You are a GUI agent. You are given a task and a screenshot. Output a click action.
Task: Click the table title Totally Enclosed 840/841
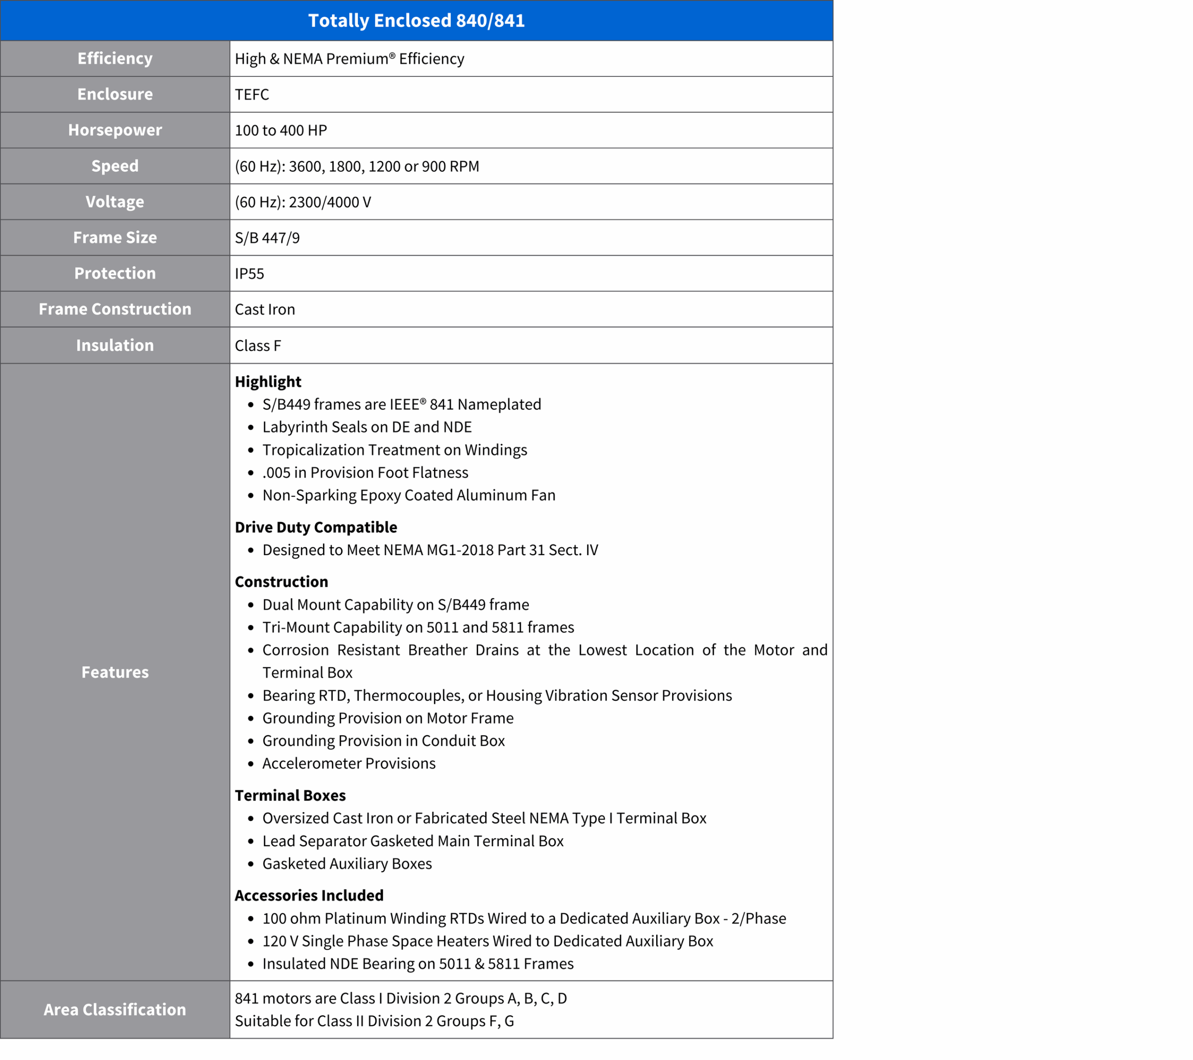[416, 20]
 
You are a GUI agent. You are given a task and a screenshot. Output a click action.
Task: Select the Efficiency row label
[115, 58]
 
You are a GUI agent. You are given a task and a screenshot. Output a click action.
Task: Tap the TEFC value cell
[252, 95]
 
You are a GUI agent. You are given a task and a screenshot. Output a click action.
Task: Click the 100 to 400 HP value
[281, 130]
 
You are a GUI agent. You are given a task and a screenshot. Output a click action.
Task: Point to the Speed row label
[115, 166]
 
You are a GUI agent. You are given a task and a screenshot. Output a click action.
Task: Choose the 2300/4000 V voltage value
[303, 202]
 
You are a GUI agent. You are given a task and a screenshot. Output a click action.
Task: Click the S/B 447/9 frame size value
[267, 238]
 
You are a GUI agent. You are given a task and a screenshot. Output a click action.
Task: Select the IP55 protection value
[249, 273]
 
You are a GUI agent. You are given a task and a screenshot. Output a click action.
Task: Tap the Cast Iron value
[265, 309]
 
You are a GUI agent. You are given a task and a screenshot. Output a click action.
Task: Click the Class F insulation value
[258, 346]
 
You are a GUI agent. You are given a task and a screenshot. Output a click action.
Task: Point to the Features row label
[115, 672]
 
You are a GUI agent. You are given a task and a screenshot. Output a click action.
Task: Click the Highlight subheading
[268, 381]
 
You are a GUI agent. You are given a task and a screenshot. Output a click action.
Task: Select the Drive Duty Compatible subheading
[316, 527]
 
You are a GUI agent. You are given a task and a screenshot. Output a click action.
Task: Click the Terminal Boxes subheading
[290, 795]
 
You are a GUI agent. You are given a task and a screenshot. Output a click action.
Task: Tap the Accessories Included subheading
[309, 895]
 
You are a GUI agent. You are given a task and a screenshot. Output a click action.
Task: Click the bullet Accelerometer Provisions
[349, 763]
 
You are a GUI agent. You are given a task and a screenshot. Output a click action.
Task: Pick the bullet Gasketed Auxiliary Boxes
[347, 863]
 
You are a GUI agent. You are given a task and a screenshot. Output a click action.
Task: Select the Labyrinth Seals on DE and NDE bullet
[367, 427]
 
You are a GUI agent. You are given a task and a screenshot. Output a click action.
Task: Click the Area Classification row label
[115, 1009]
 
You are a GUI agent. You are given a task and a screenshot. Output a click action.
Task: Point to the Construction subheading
[281, 582]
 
